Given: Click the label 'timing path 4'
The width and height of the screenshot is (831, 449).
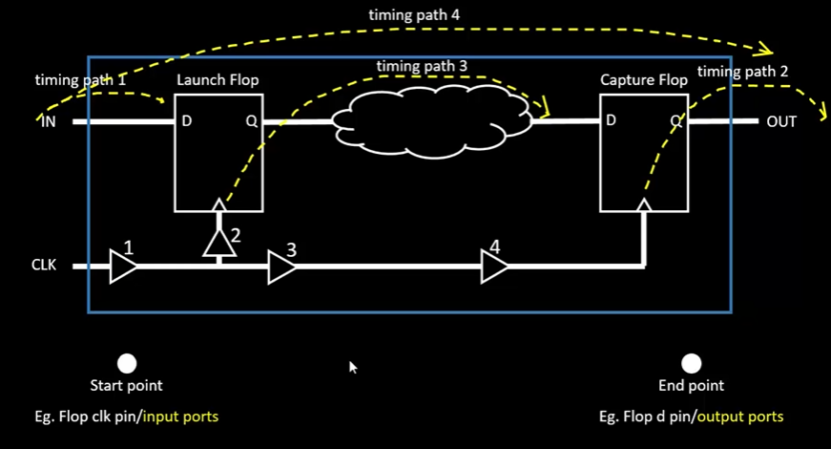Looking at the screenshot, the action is [414, 15].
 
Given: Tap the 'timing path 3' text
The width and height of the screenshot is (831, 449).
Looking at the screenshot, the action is [422, 66].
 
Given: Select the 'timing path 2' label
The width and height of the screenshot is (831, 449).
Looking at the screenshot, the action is [742, 72].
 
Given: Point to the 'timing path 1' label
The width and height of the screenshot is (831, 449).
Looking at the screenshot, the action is [80, 80].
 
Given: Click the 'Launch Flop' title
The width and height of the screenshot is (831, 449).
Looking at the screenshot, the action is [218, 80].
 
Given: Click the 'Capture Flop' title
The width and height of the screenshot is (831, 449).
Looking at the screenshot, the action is [644, 80].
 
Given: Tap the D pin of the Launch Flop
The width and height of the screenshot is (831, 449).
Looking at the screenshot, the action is [187, 121].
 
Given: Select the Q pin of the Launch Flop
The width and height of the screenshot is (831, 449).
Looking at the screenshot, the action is [251, 121].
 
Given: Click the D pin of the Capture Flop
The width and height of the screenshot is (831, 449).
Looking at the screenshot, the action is [611, 120].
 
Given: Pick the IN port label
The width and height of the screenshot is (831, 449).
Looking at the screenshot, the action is [49, 122].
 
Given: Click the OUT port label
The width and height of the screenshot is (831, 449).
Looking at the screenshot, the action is [781, 122].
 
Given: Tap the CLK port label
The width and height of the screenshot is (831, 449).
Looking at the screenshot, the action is [44, 265].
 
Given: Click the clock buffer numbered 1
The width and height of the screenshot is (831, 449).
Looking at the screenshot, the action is [122, 266].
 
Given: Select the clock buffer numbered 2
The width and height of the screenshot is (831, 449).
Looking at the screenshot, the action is [218, 243].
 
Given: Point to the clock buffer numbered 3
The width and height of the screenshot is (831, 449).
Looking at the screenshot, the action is [281, 267].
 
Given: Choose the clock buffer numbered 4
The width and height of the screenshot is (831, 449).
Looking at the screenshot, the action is [494, 266].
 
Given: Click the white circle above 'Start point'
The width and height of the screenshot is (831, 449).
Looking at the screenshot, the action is [127, 364].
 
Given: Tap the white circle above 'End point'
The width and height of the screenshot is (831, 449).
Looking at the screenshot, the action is [691, 364].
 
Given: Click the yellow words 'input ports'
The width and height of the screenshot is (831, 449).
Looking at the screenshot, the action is [180, 417].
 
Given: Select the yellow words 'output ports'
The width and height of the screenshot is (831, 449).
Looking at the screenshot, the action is [739, 417].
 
